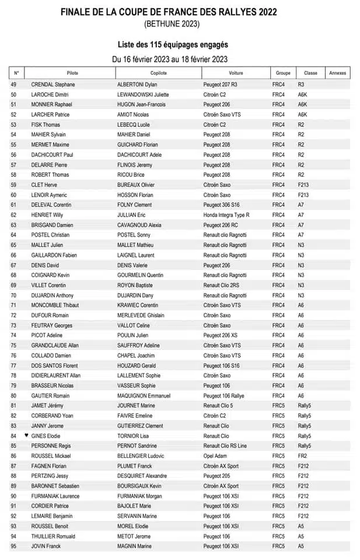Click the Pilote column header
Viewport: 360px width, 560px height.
[x=72, y=73]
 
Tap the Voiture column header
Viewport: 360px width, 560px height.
[x=236, y=73]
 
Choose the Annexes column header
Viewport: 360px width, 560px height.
[x=337, y=73]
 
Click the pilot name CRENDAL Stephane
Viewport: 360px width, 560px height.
[x=53, y=85]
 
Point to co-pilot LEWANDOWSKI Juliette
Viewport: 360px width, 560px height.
[x=143, y=94]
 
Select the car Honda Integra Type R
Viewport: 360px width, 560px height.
[x=226, y=215]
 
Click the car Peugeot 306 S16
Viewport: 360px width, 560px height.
[x=222, y=205]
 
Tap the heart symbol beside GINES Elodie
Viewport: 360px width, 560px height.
[x=26, y=436]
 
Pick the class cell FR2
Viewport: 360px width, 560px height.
[x=302, y=456]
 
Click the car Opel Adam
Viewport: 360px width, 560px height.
[x=215, y=456]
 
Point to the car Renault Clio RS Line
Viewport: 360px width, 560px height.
[x=225, y=446]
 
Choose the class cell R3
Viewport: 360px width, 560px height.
[x=301, y=85]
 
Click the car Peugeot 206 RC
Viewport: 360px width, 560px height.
[x=220, y=225]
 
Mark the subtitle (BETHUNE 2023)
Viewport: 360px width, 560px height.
[x=172, y=24]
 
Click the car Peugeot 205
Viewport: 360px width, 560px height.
[x=216, y=476]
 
